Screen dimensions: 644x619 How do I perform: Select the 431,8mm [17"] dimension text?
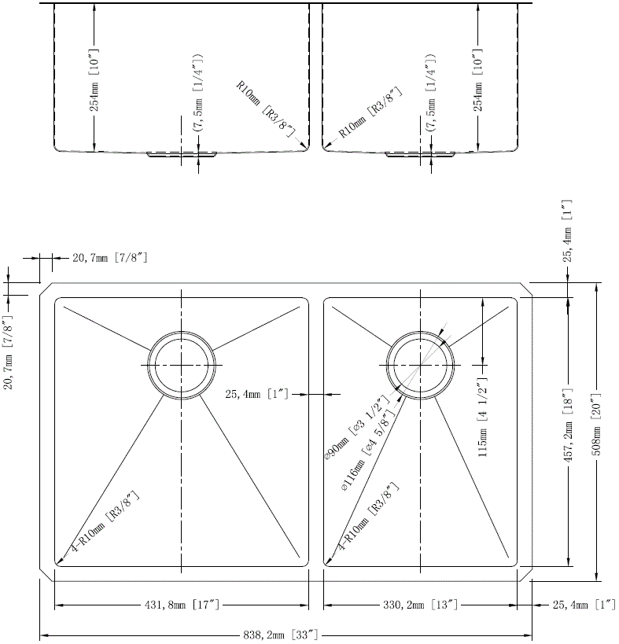(181, 605)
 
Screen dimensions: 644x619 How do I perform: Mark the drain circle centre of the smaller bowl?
(421, 366)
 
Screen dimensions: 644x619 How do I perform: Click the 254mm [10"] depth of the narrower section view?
(477, 80)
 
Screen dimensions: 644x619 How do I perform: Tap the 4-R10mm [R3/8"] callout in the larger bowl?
(105, 523)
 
